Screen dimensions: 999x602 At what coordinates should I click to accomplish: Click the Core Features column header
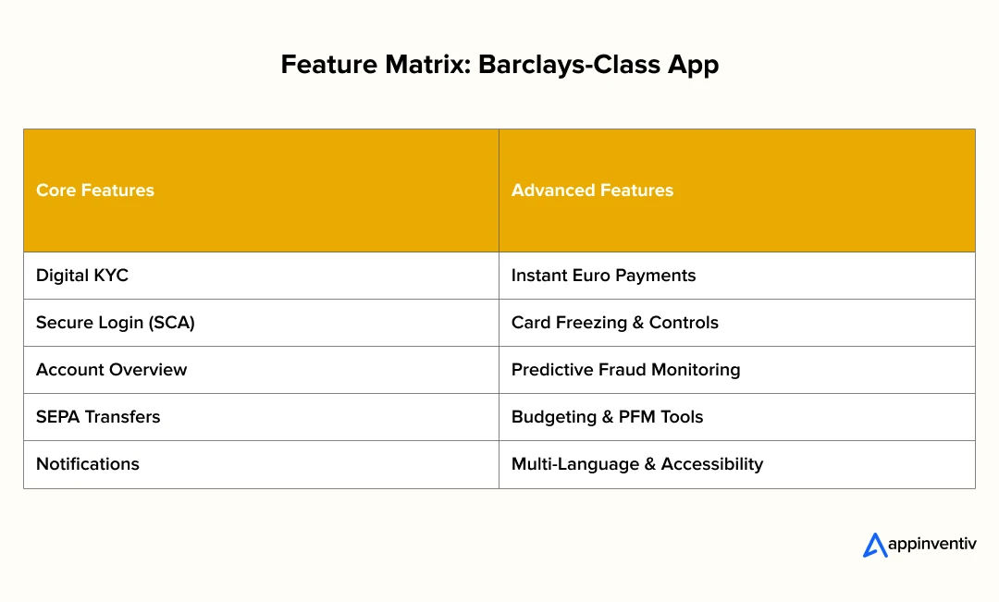(x=261, y=190)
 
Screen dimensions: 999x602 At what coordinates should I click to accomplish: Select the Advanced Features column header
(x=737, y=190)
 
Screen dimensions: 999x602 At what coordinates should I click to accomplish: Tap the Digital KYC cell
(x=261, y=276)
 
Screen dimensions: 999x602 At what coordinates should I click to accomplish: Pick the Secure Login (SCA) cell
(x=261, y=323)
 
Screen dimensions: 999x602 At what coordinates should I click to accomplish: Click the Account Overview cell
(x=261, y=370)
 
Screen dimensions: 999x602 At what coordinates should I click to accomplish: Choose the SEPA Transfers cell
(x=261, y=417)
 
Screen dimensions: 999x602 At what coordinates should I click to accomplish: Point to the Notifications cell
(x=261, y=464)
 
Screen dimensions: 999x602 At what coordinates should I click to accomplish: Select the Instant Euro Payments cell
(x=737, y=276)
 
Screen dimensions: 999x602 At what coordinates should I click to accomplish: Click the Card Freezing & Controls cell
(x=737, y=323)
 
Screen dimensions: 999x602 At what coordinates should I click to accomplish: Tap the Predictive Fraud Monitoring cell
(x=737, y=370)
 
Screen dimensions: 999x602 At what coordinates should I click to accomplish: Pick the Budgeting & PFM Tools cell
(x=737, y=417)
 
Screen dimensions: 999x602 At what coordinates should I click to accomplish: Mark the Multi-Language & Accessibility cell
(x=737, y=464)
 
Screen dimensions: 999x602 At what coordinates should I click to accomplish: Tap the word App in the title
(x=693, y=67)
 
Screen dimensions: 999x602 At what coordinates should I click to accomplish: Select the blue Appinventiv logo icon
(x=875, y=546)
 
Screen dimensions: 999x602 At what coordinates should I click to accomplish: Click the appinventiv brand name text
(x=932, y=545)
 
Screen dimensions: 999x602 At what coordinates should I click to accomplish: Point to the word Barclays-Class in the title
(x=569, y=67)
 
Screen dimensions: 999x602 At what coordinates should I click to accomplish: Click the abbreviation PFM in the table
(x=636, y=417)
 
